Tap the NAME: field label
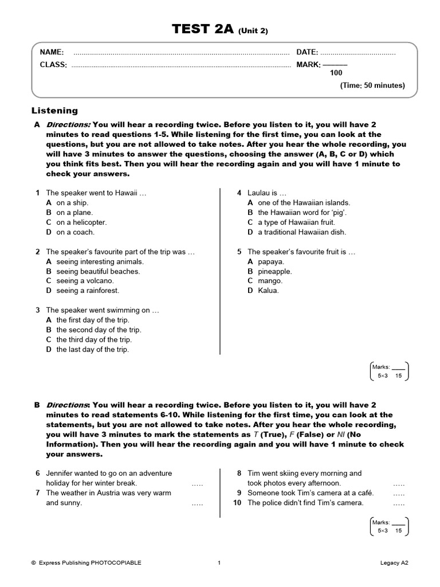tap(52, 53)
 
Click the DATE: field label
tap(307, 53)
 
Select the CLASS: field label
tap(53, 65)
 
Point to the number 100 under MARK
tap(336, 73)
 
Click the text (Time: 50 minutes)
tap(372, 85)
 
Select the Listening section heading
tap(54, 111)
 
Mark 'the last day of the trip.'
tap(92, 349)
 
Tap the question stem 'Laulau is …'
tap(266, 193)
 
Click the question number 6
tap(38, 473)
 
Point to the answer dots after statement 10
tap(399, 503)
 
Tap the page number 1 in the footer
tap(219, 563)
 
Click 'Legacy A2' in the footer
tap(395, 563)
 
